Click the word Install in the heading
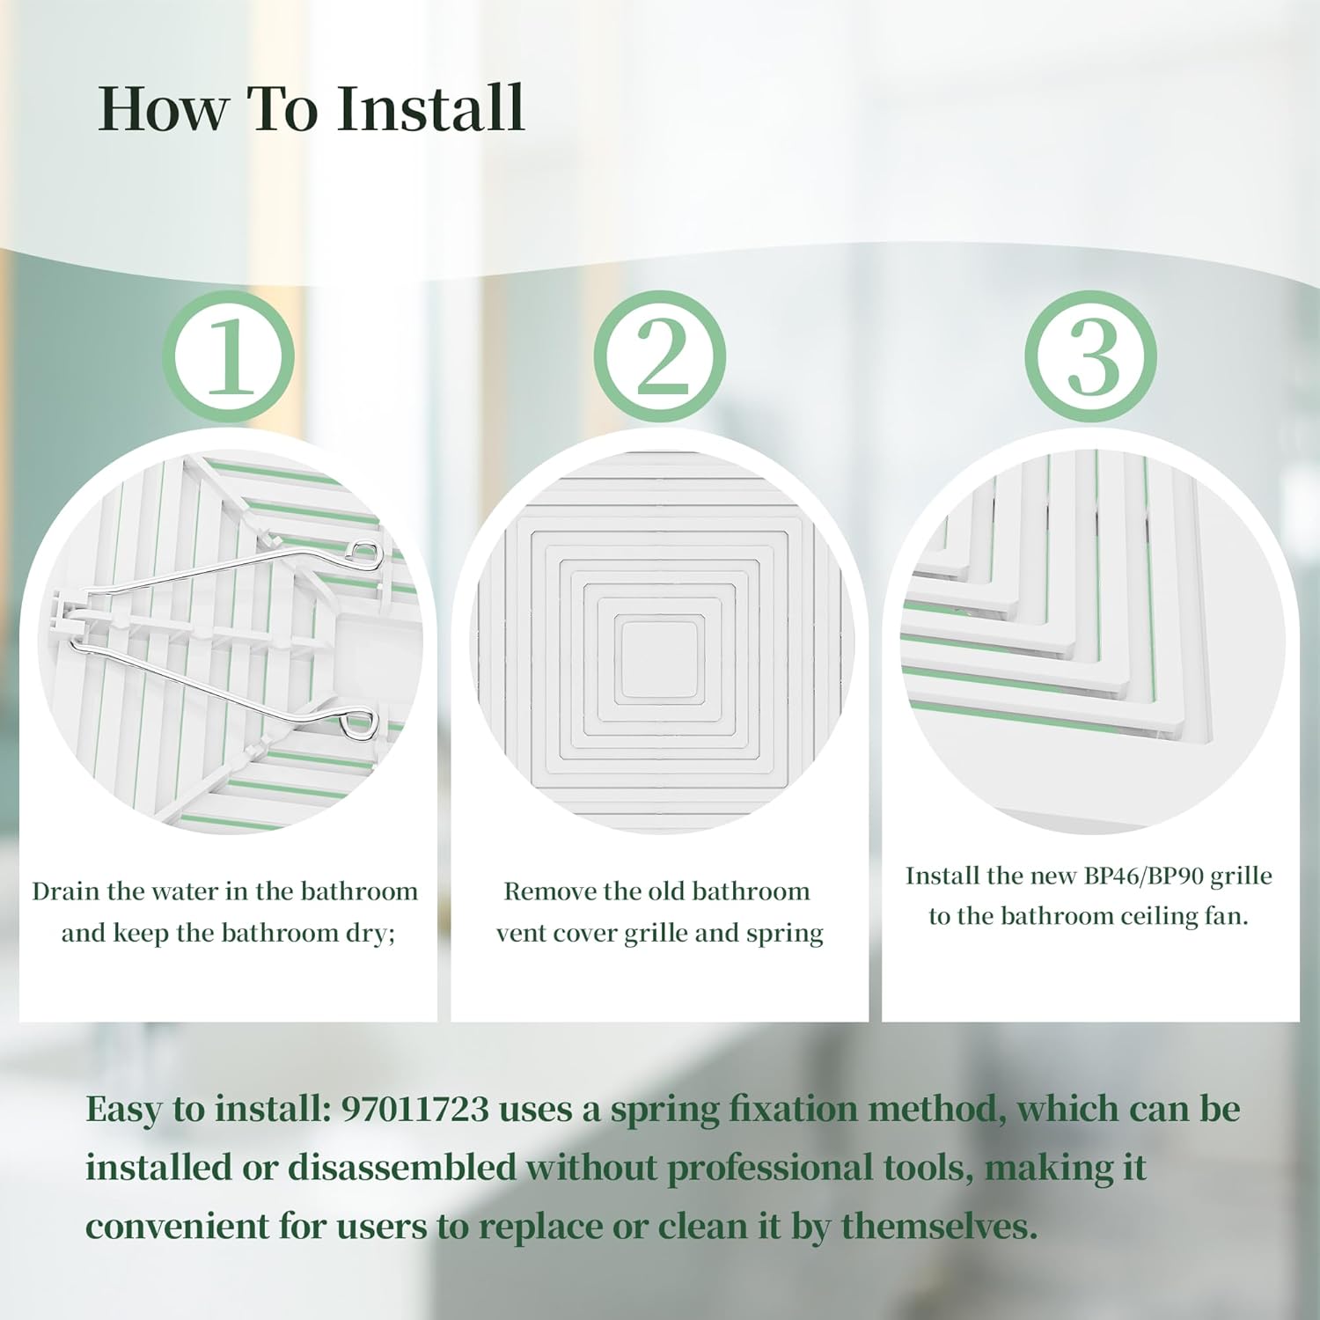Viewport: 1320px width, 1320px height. click(x=431, y=108)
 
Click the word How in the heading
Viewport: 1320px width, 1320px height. click(x=162, y=108)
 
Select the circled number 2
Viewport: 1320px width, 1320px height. click(x=660, y=356)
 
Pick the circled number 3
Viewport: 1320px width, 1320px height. click(x=1092, y=356)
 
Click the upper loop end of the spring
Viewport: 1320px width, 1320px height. click(x=363, y=553)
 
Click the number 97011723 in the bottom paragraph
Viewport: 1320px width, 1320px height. click(x=414, y=1109)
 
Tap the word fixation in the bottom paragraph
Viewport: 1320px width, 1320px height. click(x=792, y=1109)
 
